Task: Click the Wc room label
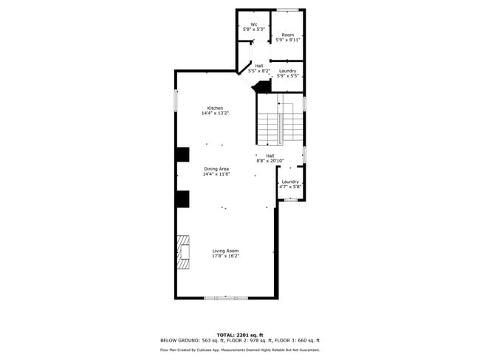tap(253, 24)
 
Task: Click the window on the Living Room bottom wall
tap(226, 297)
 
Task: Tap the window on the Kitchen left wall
tap(176, 100)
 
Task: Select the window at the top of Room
tap(287, 10)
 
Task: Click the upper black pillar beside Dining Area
tap(182, 154)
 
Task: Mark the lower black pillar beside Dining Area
tap(182, 198)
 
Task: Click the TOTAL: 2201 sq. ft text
tap(240, 334)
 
